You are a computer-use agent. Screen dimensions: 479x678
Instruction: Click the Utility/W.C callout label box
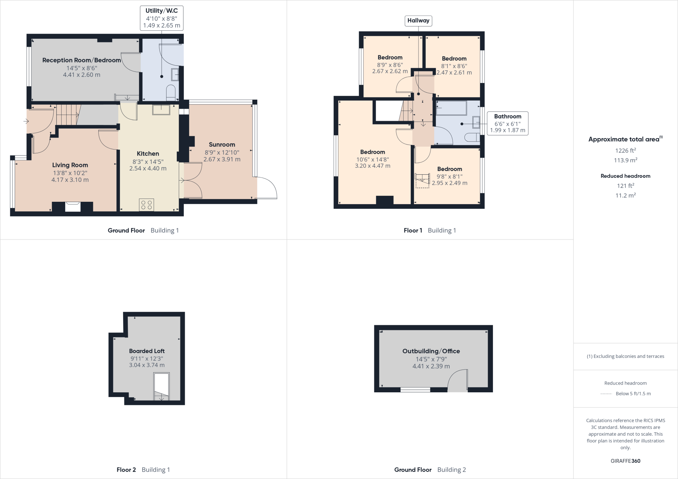click(x=162, y=18)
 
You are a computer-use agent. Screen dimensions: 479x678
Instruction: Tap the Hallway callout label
click(x=418, y=21)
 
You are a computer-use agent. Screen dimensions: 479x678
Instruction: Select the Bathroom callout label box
click(x=508, y=123)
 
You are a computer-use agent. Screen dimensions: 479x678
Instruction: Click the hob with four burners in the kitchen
click(x=146, y=205)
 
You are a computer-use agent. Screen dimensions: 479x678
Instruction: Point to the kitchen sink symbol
click(x=161, y=109)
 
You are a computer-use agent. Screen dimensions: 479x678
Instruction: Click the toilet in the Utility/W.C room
click(x=170, y=93)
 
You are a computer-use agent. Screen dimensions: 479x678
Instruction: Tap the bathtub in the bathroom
click(x=451, y=108)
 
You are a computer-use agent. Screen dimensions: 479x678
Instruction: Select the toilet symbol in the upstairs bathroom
click(x=472, y=137)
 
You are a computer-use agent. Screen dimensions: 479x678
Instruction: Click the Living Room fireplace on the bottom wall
click(x=73, y=207)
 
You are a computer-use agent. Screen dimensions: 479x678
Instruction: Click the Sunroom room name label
click(x=222, y=145)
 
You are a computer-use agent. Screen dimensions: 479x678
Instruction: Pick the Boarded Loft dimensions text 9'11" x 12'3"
click(x=147, y=359)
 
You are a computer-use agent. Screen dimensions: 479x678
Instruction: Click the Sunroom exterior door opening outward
click(x=267, y=188)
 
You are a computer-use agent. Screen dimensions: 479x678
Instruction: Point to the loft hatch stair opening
click(x=162, y=386)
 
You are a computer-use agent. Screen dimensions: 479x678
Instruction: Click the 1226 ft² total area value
click(x=625, y=151)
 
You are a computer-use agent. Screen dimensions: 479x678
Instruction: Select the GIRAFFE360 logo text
click(x=625, y=461)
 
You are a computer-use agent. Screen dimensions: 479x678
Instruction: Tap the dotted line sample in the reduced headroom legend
click(x=606, y=394)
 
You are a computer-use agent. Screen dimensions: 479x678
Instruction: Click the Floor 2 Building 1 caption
click(x=143, y=470)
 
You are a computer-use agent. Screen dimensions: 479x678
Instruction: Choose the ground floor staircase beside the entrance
click(x=68, y=115)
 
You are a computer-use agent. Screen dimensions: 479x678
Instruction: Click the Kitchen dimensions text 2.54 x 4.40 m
click(x=148, y=168)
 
